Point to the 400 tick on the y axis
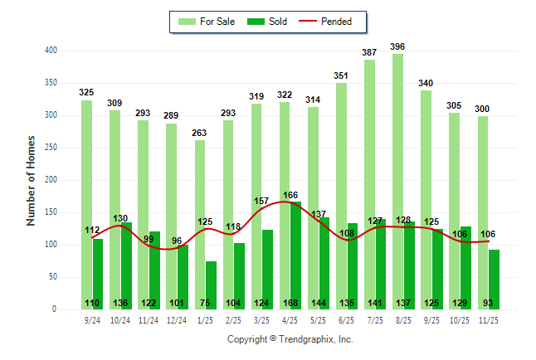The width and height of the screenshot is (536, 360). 51,51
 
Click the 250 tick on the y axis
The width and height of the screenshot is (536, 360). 51,148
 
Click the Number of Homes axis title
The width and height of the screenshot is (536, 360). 31,180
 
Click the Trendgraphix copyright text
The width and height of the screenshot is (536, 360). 290,339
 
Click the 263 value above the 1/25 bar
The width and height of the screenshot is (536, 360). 200,132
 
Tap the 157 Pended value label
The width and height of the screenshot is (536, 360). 261,201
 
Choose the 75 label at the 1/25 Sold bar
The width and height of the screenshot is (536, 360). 205,303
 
